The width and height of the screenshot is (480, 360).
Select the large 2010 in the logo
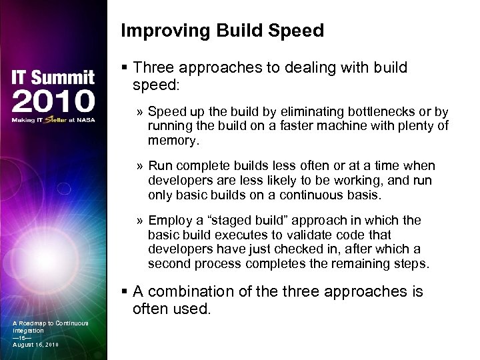click(x=53, y=101)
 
